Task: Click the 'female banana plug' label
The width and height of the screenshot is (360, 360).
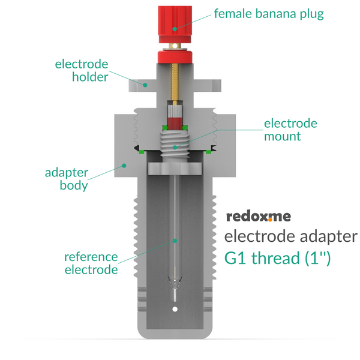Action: (x=269, y=14)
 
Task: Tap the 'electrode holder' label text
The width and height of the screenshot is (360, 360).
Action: (x=82, y=70)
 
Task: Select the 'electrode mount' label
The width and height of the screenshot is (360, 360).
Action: (x=290, y=130)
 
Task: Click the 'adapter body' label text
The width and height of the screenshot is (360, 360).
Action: (x=67, y=179)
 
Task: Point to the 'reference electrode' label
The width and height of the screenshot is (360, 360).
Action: (x=91, y=263)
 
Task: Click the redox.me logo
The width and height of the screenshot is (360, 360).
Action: (x=259, y=217)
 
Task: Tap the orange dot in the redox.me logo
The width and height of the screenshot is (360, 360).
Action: (x=270, y=220)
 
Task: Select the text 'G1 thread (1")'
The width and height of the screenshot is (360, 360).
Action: (x=277, y=258)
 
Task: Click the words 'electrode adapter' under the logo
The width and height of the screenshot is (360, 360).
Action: (x=291, y=236)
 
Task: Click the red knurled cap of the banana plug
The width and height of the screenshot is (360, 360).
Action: (x=175, y=24)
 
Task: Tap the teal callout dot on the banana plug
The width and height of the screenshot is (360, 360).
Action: (x=175, y=29)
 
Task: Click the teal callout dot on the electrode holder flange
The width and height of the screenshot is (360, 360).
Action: (x=145, y=85)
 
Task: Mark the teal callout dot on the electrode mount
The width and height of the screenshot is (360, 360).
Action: (x=175, y=148)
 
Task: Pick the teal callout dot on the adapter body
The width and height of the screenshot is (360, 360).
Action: (x=124, y=166)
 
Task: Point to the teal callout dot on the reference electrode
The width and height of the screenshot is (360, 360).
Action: (x=175, y=241)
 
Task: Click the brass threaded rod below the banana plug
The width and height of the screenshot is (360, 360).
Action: (x=175, y=82)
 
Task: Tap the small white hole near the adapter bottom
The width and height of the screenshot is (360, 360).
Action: (x=175, y=309)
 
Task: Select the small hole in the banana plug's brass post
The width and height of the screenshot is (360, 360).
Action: (x=175, y=46)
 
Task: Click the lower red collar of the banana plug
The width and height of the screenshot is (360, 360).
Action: (x=175, y=57)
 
